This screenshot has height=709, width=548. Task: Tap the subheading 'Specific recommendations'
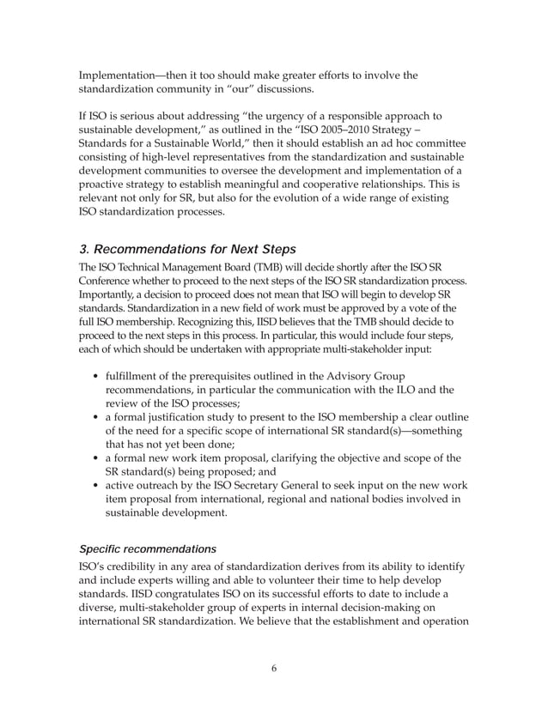pos(146,548)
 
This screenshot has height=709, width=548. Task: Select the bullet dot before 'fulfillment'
pos(93,375)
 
